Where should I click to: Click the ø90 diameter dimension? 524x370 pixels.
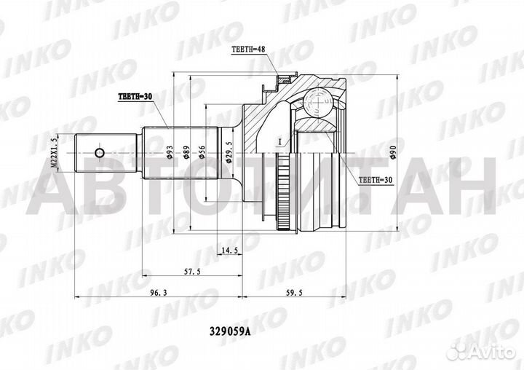[x=394, y=153]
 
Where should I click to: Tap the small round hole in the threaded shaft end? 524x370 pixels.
[x=100, y=154]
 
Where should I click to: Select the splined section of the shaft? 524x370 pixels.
[x=182, y=154]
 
